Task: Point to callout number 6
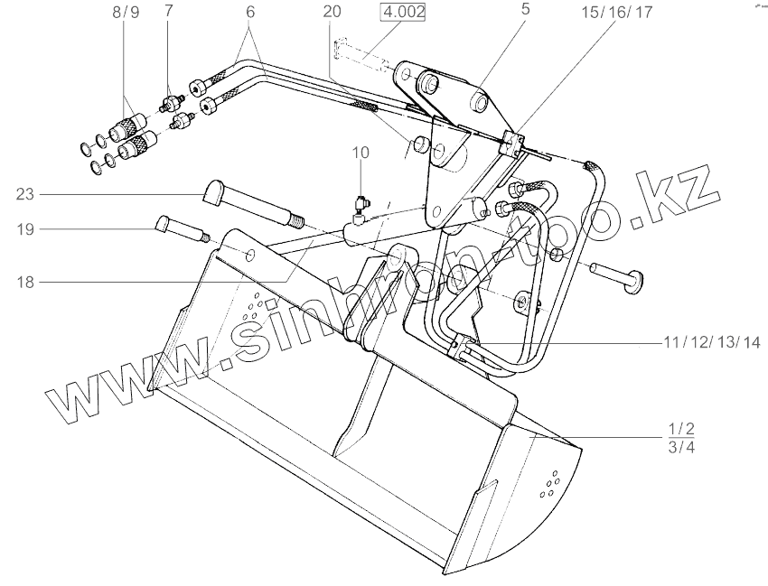pyautogui.click(x=250, y=13)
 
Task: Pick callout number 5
pyautogui.click(x=525, y=10)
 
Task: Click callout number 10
pyautogui.click(x=361, y=153)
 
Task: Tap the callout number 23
pyautogui.click(x=24, y=192)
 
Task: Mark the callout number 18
pyautogui.click(x=24, y=282)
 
